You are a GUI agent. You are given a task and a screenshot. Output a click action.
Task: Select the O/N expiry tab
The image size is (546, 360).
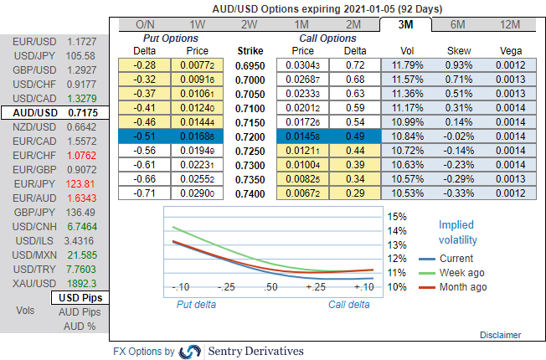click(x=145, y=24)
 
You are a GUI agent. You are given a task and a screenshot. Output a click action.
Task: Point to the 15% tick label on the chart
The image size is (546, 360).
click(x=395, y=217)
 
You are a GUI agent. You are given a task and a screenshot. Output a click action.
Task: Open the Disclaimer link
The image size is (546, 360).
click(x=501, y=335)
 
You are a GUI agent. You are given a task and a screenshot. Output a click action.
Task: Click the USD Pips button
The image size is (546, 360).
click(x=80, y=298)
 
